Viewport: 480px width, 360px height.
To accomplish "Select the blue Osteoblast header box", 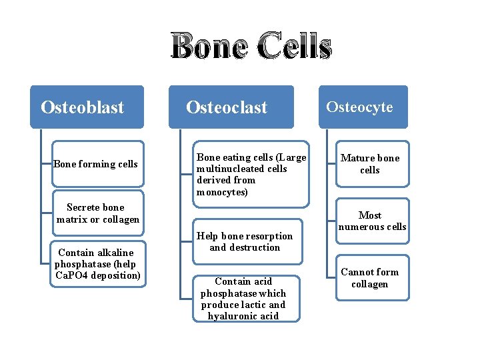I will click(x=87, y=107).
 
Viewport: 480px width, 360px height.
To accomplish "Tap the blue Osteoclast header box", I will click(x=231, y=107).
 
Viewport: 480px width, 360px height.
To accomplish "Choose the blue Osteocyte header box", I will click(x=363, y=107).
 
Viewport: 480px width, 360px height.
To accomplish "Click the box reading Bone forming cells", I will click(x=98, y=164).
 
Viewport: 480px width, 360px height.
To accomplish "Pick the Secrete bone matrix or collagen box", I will click(x=98, y=213).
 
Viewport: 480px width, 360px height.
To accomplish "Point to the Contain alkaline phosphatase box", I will click(x=98, y=263).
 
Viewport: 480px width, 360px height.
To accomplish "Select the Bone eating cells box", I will click(x=251, y=175).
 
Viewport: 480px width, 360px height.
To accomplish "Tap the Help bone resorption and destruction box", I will click(x=245, y=241).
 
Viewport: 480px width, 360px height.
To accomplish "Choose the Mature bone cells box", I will click(x=370, y=164).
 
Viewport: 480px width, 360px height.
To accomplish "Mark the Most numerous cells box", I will click(x=371, y=221).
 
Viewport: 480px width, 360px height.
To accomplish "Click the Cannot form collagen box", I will click(x=370, y=278).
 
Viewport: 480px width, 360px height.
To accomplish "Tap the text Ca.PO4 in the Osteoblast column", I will click(x=70, y=275).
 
